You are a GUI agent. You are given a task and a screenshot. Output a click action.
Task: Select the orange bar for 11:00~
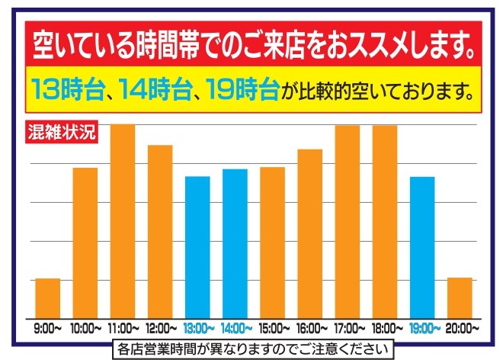(123, 221)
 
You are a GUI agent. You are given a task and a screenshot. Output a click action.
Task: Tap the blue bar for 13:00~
(197, 247)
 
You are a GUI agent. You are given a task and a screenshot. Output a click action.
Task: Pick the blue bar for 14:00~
(235, 243)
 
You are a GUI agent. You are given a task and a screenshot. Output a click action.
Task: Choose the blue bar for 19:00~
(422, 247)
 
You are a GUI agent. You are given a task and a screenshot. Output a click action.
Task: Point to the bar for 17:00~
(348, 221)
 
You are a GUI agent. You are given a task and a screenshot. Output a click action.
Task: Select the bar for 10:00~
(85, 243)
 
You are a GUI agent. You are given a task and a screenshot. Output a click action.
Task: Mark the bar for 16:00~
(309, 233)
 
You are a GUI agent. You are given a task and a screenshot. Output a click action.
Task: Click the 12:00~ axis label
(160, 329)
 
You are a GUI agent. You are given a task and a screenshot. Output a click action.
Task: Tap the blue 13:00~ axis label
(197, 329)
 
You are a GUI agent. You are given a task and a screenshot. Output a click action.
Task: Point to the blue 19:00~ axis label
(423, 329)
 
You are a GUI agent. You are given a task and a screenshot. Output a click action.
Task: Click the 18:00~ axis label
(386, 329)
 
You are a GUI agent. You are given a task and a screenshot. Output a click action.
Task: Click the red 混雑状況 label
(58, 130)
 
